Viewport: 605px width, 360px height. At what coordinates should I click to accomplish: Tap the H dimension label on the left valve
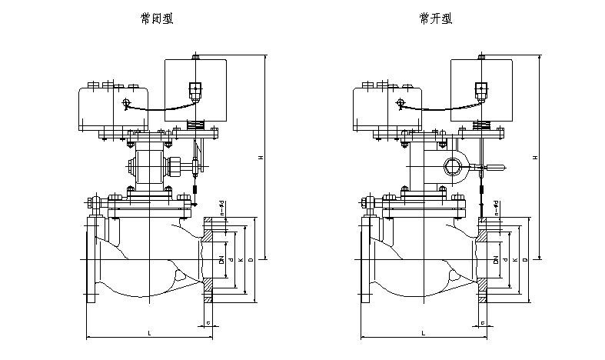(x=261, y=158)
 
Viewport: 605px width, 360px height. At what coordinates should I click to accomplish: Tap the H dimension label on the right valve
(x=536, y=158)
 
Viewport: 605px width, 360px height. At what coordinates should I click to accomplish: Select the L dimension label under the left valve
(x=148, y=332)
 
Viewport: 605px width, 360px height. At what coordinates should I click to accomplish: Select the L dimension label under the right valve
(x=423, y=332)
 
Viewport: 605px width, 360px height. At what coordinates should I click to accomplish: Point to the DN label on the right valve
(x=497, y=259)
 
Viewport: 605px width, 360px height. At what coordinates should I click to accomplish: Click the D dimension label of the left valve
(x=251, y=260)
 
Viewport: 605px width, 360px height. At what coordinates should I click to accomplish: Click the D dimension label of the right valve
(x=526, y=260)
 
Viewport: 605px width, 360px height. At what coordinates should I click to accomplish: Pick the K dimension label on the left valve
(x=241, y=260)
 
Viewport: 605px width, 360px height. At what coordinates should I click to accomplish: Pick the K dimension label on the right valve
(x=515, y=260)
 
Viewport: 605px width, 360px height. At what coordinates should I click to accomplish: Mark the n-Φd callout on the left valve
(x=221, y=205)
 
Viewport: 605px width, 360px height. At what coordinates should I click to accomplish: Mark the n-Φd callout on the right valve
(x=496, y=205)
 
